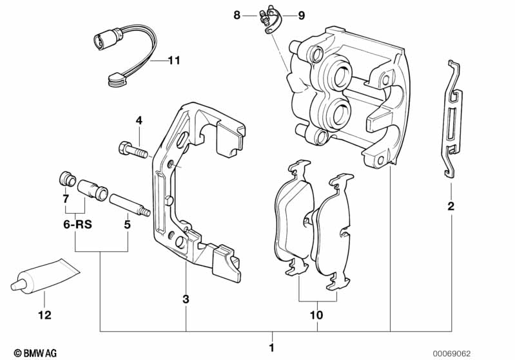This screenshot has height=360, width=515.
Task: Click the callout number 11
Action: [x=174, y=61]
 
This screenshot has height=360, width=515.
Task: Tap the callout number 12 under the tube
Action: [x=44, y=315]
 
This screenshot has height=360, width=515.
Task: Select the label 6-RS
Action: [x=77, y=225]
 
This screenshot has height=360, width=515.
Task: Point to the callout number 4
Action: [x=139, y=121]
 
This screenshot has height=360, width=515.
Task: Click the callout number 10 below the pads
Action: [x=317, y=315]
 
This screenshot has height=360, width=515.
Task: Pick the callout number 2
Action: [x=451, y=207]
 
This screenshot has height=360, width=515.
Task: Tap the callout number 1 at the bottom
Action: [x=271, y=348]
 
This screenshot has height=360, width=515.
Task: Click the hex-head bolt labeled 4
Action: [x=133, y=151]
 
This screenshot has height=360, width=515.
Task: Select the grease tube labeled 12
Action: [x=45, y=275]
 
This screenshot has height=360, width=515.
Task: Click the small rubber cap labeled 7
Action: [x=67, y=179]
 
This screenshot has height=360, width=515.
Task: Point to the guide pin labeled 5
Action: [x=130, y=205]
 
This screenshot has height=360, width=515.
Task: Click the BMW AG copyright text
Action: [x=35, y=353]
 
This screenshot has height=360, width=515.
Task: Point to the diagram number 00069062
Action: [x=451, y=354]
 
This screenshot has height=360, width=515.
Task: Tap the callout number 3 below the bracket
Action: [x=186, y=299]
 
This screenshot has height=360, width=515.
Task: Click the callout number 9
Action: [x=301, y=15]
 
